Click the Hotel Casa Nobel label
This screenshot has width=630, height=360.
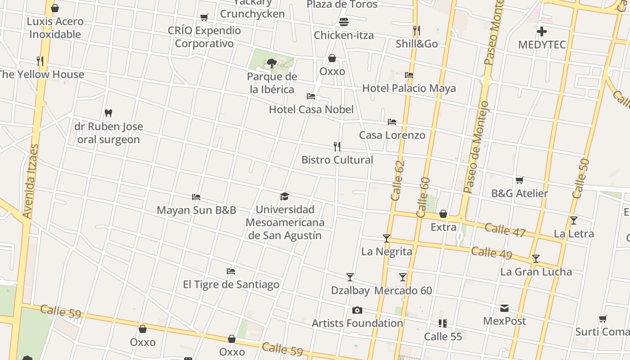point(311,109)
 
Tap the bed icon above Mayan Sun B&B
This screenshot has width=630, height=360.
point(196,197)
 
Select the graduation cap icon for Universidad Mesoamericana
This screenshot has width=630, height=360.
point(284,196)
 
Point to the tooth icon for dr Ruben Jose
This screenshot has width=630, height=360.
point(108,113)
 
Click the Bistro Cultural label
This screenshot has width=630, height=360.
point(337,160)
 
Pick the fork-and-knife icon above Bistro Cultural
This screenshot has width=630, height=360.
point(337,147)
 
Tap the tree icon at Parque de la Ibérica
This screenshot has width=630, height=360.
point(271,63)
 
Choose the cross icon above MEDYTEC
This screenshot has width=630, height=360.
point(542,31)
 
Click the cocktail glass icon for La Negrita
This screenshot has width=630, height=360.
point(387,238)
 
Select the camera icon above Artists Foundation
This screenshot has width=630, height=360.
point(357,310)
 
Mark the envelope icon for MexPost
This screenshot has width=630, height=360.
point(504,308)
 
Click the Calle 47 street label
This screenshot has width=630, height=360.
point(505,229)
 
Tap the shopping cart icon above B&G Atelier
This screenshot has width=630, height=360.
point(519,180)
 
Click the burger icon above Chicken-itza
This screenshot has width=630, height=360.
point(344,22)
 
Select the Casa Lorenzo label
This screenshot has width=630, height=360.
point(392,135)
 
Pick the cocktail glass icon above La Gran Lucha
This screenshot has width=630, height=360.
point(536,259)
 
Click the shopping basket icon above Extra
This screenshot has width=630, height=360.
point(443,214)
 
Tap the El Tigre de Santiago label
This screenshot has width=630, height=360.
point(231,284)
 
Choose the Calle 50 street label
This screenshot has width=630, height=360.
point(580,179)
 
